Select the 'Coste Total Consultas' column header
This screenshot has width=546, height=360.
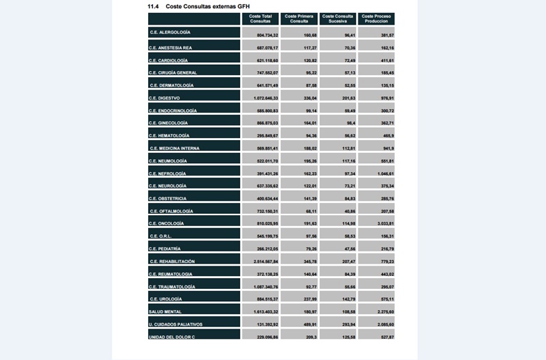260,18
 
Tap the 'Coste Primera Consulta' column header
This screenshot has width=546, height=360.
299,18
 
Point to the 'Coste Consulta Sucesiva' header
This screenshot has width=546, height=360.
338,18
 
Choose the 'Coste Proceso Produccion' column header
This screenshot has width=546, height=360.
376,18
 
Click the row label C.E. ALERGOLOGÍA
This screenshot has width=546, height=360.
170,33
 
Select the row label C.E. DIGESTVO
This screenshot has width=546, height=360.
164,98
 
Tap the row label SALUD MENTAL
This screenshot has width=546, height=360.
164,312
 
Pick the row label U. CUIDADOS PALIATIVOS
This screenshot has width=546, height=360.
175,324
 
